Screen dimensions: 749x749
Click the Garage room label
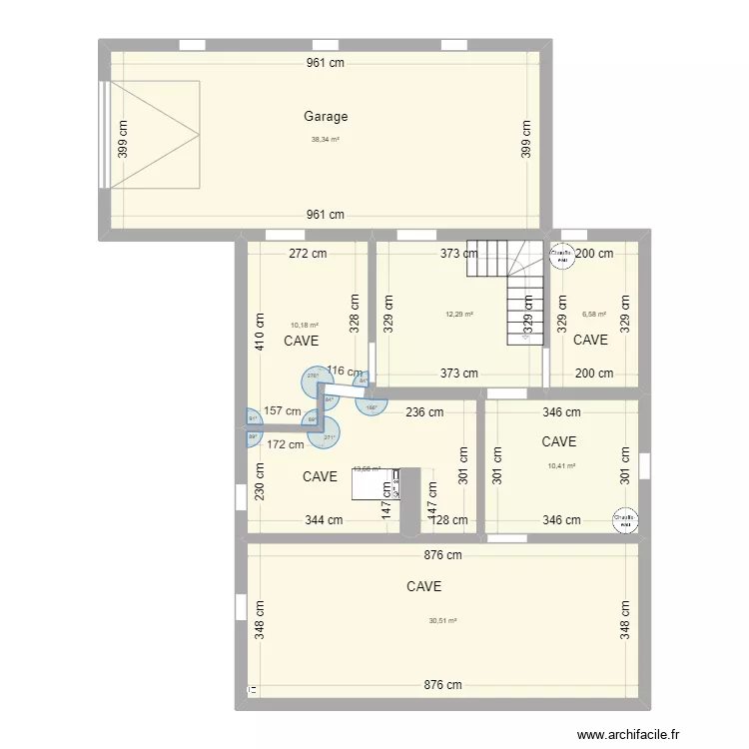(x=326, y=117)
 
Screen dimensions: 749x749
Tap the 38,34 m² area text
(x=326, y=140)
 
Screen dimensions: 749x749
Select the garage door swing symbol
(x=155, y=134)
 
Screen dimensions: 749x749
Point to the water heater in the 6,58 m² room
(x=561, y=257)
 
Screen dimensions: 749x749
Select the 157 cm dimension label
(x=283, y=410)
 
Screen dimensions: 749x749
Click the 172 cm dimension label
(x=285, y=443)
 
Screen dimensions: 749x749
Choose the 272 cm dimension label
(x=307, y=254)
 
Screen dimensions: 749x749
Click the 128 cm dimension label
(x=446, y=520)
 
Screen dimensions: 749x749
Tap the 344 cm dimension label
(x=324, y=520)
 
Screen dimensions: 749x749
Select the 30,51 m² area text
(x=442, y=620)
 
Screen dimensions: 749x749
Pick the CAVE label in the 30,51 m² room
(x=424, y=587)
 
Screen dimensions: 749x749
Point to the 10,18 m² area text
(x=305, y=325)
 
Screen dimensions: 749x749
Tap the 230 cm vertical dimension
(x=260, y=483)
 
